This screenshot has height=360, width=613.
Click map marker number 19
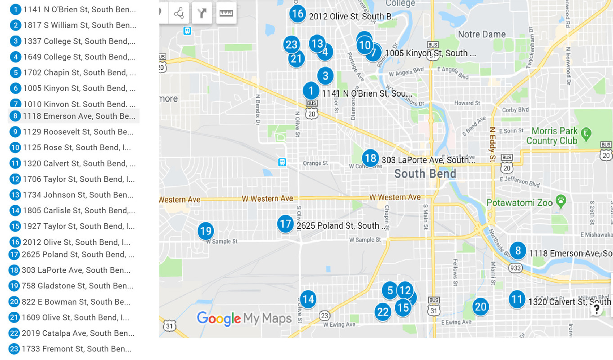click(x=206, y=231)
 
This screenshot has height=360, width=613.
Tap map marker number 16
click(x=297, y=14)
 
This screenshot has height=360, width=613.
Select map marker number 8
click(x=518, y=251)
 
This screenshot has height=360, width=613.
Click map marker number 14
click(x=308, y=299)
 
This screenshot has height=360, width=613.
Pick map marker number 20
click(x=481, y=307)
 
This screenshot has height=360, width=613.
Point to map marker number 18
click(x=370, y=158)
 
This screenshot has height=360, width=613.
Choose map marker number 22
click(x=383, y=311)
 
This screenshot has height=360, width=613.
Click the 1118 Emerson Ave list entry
click(x=79, y=116)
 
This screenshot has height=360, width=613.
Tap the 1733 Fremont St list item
click(x=77, y=349)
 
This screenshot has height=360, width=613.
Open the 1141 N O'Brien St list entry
click(x=79, y=9)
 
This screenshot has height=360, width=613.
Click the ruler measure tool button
click(x=226, y=13)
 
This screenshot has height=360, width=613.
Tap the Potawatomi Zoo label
click(x=519, y=203)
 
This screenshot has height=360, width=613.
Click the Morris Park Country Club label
click(x=552, y=135)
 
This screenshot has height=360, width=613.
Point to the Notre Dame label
click(x=482, y=34)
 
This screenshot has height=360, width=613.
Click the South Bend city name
click(x=425, y=174)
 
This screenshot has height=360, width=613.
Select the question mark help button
click(x=596, y=310)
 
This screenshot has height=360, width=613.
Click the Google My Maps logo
click(x=244, y=319)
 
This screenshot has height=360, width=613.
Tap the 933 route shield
click(x=515, y=268)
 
